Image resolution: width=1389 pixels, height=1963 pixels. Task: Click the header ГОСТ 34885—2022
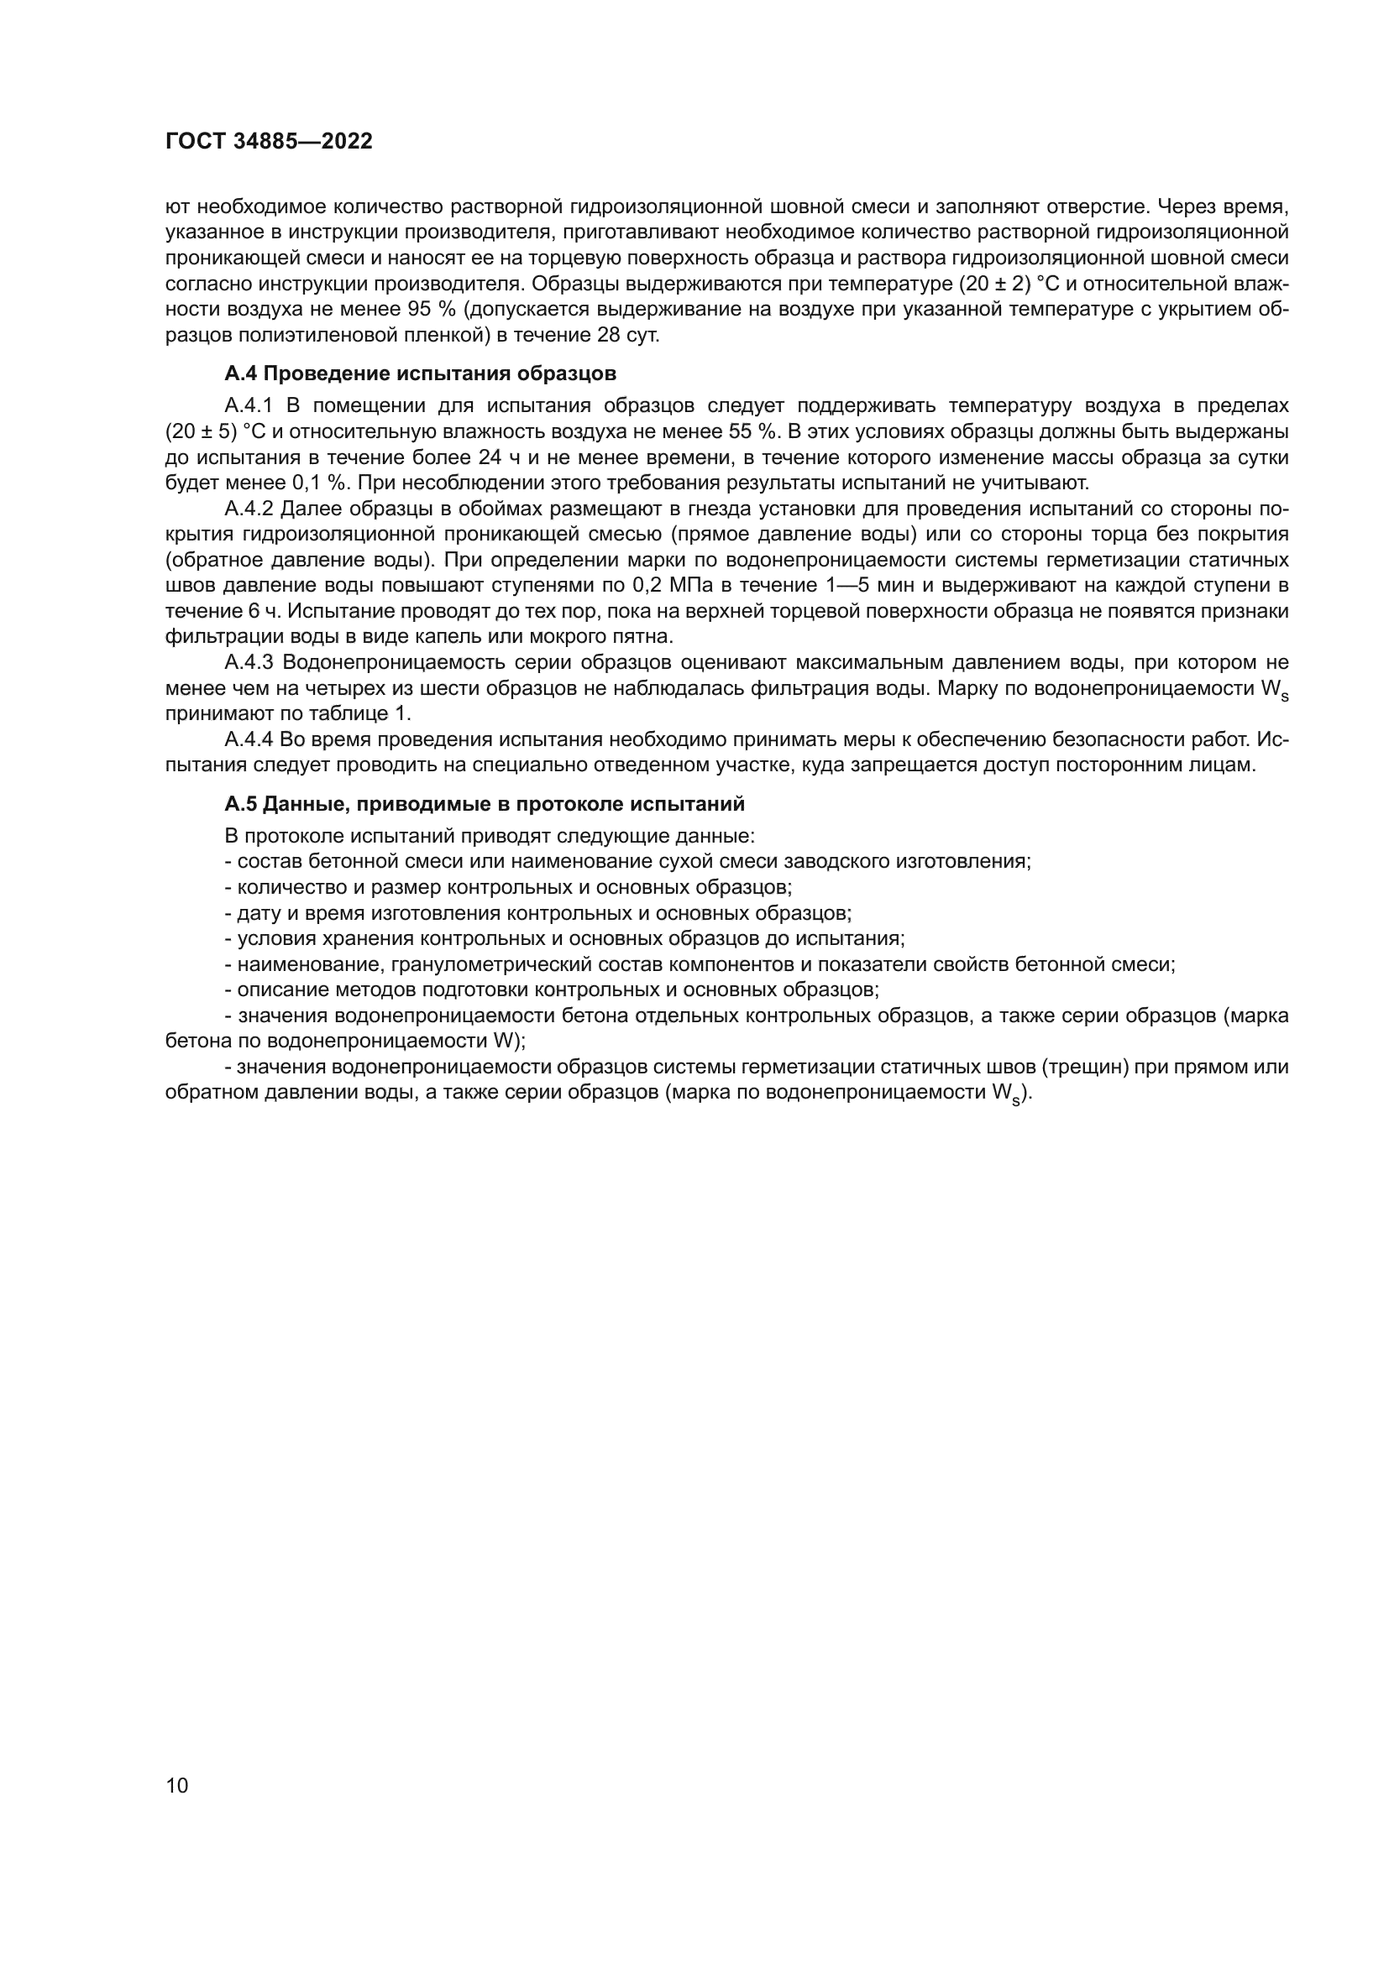point(269,142)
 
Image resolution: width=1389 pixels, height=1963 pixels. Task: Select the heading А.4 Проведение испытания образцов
point(420,373)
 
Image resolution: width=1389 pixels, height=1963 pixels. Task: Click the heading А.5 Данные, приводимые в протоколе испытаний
point(484,804)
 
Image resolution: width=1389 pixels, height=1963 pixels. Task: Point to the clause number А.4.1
point(248,405)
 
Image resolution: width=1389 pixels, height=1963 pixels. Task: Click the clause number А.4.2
point(248,509)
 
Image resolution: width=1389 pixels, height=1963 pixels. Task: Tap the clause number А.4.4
point(248,739)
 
